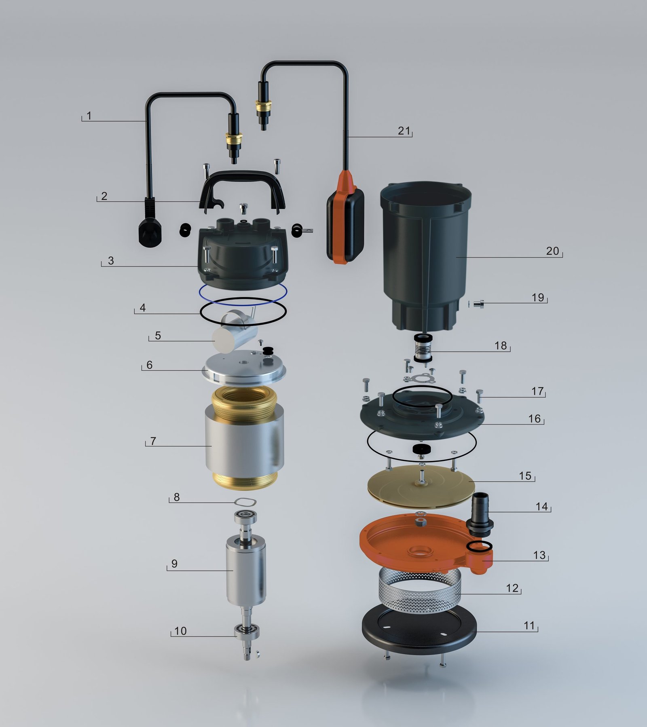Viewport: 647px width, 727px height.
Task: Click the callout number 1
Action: pyautogui.click(x=89, y=116)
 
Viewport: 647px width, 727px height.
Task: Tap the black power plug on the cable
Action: pyautogui.click(x=150, y=222)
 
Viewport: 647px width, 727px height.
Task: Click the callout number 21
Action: pyautogui.click(x=404, y=131)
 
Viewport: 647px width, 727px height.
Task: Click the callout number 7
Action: pyautogui.click(x=153, y=441)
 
